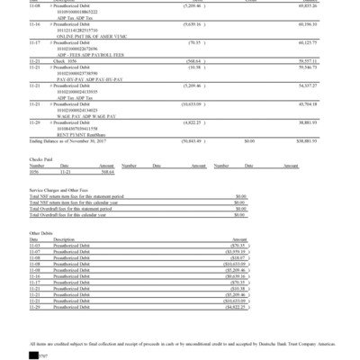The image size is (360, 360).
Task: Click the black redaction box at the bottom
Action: pyautogui.click(x=34, y=355)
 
